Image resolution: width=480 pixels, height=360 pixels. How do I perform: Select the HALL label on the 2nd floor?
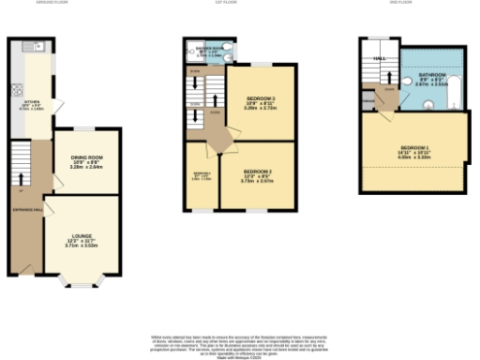(380, 58)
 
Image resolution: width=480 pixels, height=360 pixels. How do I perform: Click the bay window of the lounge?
(82, 277)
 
